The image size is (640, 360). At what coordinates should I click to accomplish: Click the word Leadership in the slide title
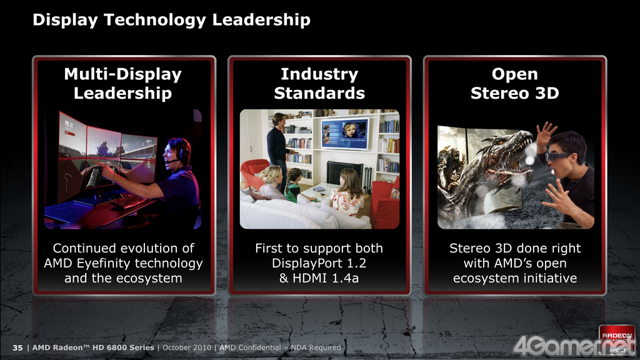pos(261,19)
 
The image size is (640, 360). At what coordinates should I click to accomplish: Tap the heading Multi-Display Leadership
pos(123,83)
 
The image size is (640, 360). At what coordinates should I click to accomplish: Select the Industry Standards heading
pos(319,83)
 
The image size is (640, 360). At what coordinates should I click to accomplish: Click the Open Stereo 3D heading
pos(515,83)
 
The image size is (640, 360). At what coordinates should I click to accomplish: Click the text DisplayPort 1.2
pos(319,263)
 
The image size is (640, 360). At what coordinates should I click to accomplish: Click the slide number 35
pos(17,347)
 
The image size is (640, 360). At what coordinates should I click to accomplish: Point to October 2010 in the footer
pos(187,347)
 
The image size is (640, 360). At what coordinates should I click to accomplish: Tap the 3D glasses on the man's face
pos(557,156)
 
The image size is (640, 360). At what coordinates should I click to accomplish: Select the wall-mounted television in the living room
pos(344,134)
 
